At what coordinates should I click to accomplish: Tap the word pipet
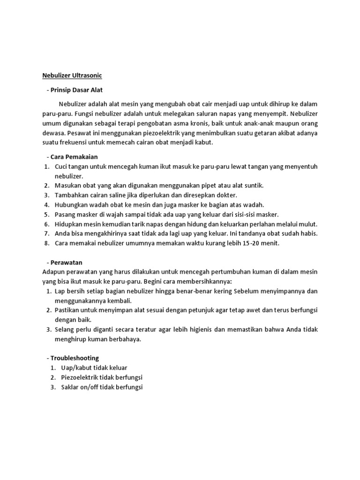[x=207, y=186]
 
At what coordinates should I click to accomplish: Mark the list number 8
[x=46, y=243]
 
